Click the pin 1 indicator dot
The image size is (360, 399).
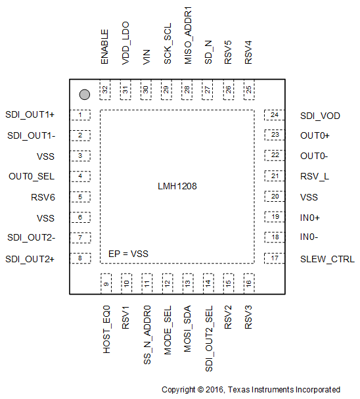click(x=83, y=94)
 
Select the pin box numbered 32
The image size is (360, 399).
click(x=104, y=90)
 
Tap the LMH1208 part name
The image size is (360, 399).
click(x=177, y=187)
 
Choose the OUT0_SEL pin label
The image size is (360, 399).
click(x=32, y=176)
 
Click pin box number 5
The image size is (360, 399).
click(x=80, y=197)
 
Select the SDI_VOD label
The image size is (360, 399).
click(x=320, y=116)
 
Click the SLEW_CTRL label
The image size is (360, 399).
click(x=327, y=259)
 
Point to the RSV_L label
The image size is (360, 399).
click(x=314, y=176)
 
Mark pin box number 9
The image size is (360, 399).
click(x=105, y=283)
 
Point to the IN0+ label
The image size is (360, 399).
click(x=310, y=218)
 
